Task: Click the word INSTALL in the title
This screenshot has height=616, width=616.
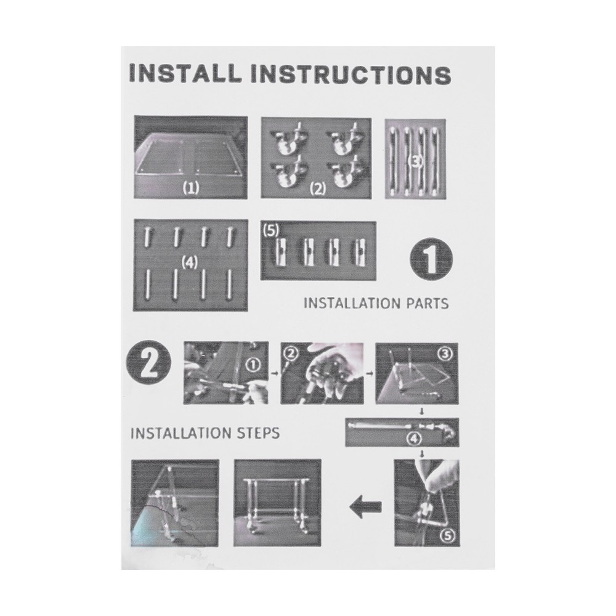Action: click(185, 74)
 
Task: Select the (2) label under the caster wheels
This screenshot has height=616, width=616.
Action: click(318, 189)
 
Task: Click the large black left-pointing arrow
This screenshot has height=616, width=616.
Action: click(365, 507)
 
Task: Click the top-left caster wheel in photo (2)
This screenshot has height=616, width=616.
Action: click(288, 140)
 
